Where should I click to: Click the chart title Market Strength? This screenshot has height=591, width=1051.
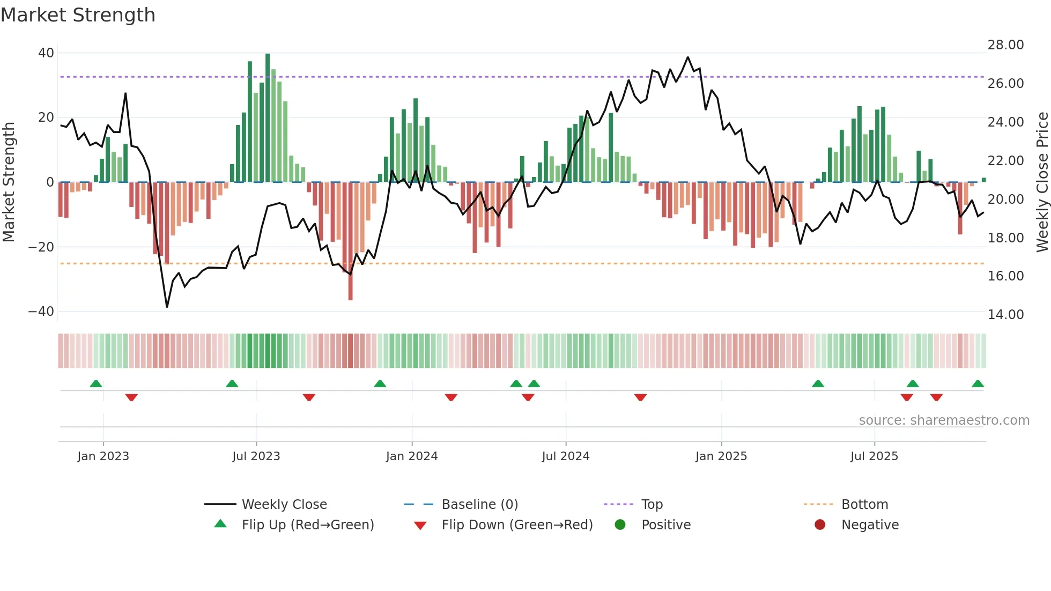point(78,15)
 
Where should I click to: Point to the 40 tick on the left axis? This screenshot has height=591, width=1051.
point(46,53)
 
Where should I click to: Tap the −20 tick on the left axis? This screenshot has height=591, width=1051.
point(41,247)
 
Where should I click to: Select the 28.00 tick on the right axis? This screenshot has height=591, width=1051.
point(1005,45)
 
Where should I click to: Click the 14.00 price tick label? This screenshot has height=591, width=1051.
point(1005,315)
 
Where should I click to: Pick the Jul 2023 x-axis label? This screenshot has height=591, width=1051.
point(256,456)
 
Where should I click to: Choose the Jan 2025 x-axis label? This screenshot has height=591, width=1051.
point(721,456)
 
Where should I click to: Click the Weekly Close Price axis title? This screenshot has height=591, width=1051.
point(1042,182)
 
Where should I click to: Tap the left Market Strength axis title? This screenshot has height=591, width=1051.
point(9,182)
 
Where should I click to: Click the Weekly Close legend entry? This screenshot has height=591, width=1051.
point(284,505)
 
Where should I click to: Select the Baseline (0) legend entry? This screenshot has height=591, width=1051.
point(479,505)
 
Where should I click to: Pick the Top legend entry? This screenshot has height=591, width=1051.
point(652,505)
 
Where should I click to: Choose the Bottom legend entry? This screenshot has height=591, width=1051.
point(864,505)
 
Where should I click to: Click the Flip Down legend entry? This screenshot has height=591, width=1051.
point(516,525)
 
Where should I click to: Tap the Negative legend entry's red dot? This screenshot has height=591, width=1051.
point(820,525)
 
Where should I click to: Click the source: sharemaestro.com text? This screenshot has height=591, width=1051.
point(944,420)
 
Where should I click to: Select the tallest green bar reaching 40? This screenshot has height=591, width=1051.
point(268,118)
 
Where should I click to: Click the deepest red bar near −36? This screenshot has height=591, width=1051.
point(350,241)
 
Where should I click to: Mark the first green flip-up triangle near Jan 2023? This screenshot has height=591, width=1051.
point(96,384)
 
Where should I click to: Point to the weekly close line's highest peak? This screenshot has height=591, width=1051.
point(687,57)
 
